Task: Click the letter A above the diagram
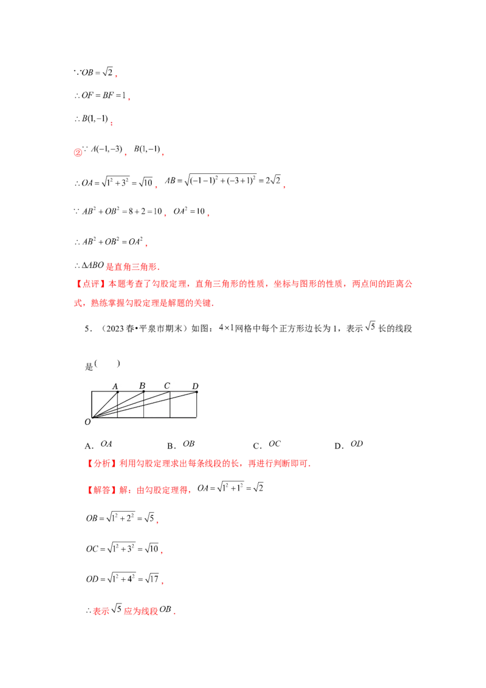[115, 386]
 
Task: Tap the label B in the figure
[142, 386]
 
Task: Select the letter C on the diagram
[167, 385]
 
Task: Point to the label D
[195, 386]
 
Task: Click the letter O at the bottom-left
[87, 421]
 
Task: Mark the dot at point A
[117, 392]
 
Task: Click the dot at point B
[144, 392]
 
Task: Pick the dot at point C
[171, 392]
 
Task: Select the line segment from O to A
[104, 405]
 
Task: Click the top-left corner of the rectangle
[91, 392]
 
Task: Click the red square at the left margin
[77, 154]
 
